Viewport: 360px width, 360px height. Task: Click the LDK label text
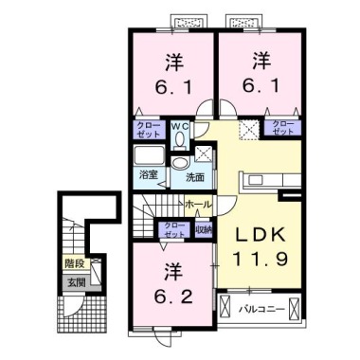click(254, 235)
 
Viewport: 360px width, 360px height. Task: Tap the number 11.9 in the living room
click(254, 259)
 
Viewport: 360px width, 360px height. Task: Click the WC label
click(180, 128)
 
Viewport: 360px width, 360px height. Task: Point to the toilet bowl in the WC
click(180, 142)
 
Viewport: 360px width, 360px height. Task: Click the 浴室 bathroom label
click(149, 176)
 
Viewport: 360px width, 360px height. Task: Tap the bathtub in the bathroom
click(149, 156)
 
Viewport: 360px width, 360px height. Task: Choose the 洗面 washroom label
click(195, 176)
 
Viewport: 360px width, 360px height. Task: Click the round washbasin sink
click(180, 164)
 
